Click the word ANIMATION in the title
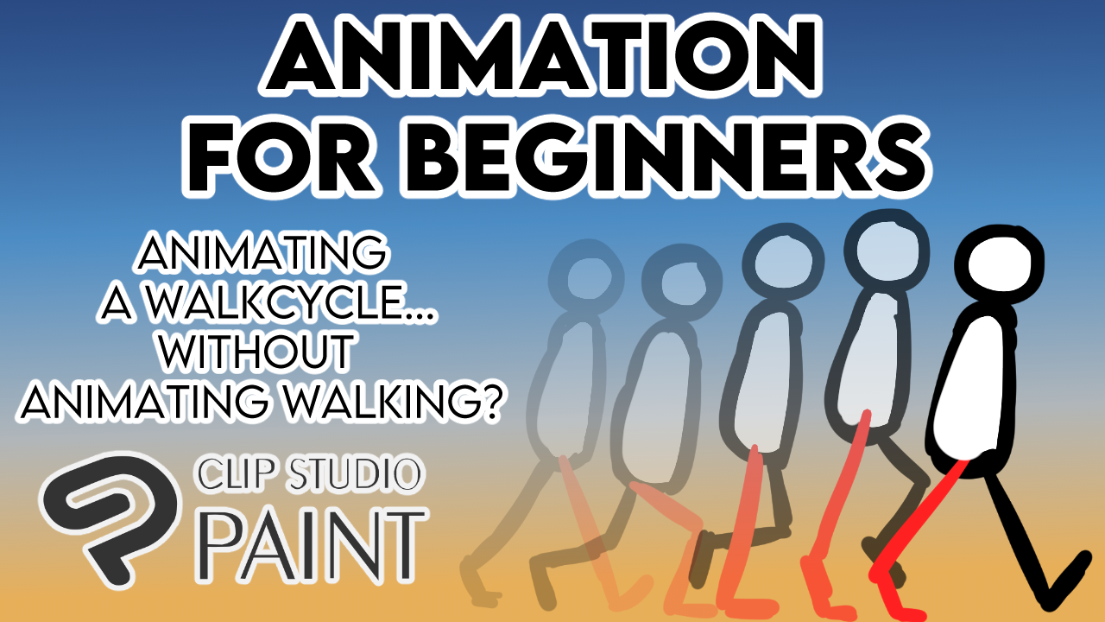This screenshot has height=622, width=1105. click(x=541, y=56)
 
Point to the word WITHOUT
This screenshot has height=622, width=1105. click(x=256, y=352)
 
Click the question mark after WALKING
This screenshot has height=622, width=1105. click(x=483, y=401)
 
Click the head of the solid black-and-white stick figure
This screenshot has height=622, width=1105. click(x=999, y=264)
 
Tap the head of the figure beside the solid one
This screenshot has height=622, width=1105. click(x=887, y=251)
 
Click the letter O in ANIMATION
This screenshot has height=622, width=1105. click(x=712, y=56)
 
